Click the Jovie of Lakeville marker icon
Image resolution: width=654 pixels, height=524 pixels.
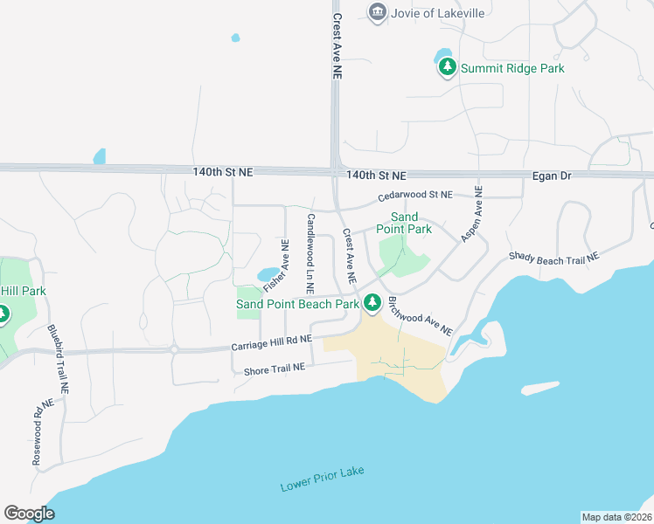click(x=378, y=12)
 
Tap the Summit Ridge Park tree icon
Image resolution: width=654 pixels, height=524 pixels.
click(x=448, y=66)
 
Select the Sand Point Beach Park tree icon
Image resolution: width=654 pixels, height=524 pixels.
click(x=372, y=303)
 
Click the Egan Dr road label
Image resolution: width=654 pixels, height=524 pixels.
click(x=552, y=176)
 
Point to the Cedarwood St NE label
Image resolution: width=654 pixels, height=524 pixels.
click(x=415, y=195)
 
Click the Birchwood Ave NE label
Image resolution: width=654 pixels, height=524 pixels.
click(x=421, y=315)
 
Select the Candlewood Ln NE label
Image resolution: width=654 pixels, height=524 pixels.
click(x=310, y=253)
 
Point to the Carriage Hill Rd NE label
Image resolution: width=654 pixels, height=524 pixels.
click(x=271, y=343)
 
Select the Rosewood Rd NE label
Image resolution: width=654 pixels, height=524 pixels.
click(x=43, y=431)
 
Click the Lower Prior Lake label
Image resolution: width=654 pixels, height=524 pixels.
click(x=322, y=479)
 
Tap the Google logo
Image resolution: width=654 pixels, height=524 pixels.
click(x=30, y=513)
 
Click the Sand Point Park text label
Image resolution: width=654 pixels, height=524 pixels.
click(x=404, y=223)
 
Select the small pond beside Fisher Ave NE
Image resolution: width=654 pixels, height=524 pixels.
click(x=268, y=274)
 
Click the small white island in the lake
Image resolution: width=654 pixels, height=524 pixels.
click(x=539, y=388)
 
